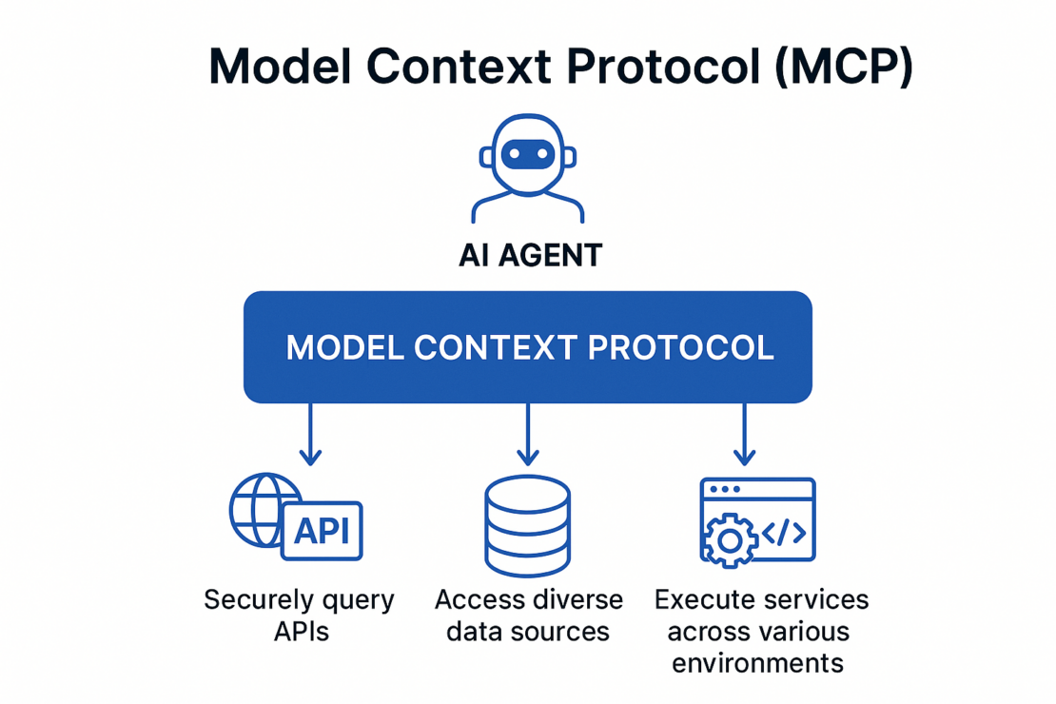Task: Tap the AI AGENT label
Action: pos(530,255)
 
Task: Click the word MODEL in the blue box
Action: pos(343,347)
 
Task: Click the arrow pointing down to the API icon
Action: pos(310,433)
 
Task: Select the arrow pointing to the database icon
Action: pos(527,433)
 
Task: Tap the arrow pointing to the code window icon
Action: pos(744,433)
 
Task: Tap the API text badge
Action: pos(322,531)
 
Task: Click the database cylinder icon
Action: pos(527,525)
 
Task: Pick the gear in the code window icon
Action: pos(729,539)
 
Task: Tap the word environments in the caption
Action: pos(757,663)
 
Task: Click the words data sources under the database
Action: pos(528,632)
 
